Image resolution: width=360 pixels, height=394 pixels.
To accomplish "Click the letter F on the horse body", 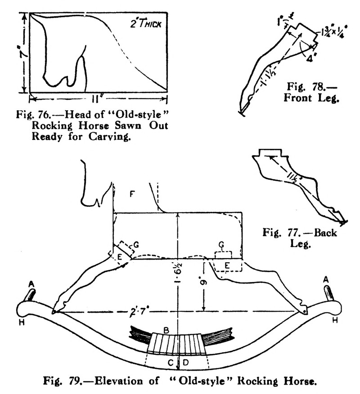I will pyautogui.click(x=132, y=195).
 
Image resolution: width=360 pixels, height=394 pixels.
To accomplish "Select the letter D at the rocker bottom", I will pyautogui.click(x=187, y=362).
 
